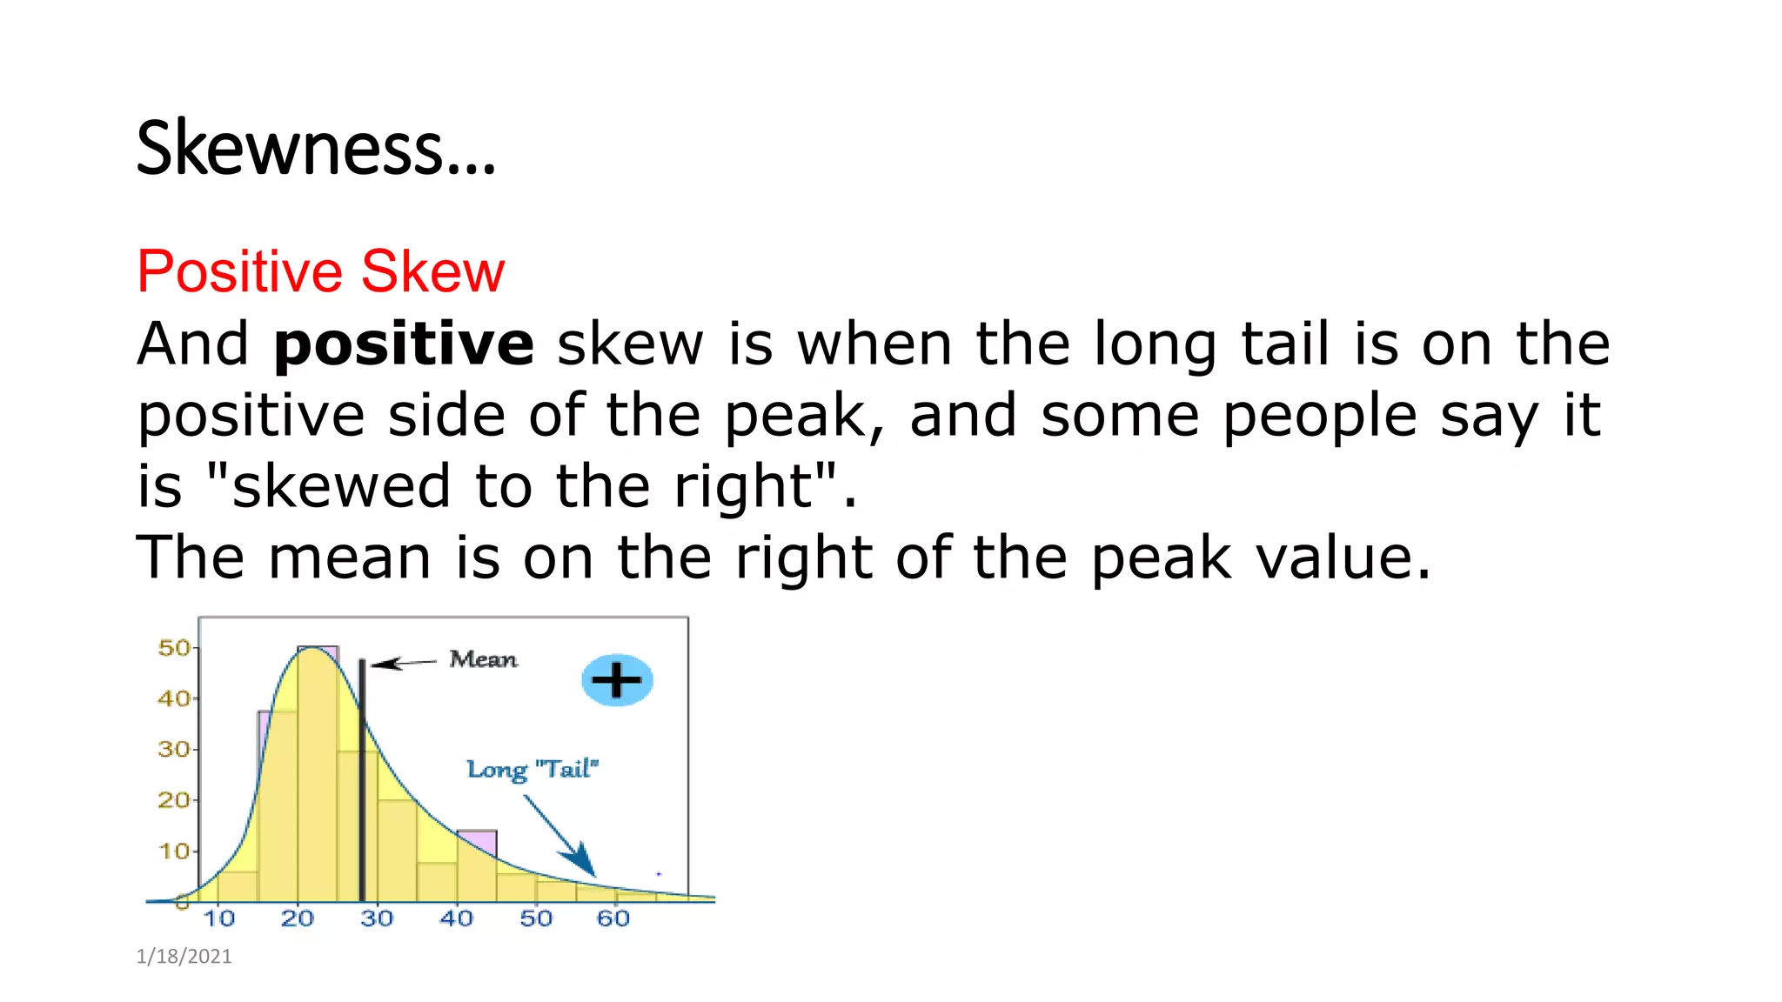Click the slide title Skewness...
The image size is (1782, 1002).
pyautogui.click(x=315, y=149)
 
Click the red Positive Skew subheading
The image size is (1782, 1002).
pyautogui.click(x=320, y=271)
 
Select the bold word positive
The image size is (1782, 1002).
pyautogui.click(x=404, y=344)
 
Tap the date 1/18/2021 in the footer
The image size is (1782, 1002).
pyautogui.click(x=184, y=957)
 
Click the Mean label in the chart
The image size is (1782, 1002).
pyautogui.click(x=483, y=659)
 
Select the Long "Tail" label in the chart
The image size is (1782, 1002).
pyautogui.click(x=533, y=770)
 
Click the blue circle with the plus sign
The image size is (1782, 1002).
pyautogui.click(x=617, y=680)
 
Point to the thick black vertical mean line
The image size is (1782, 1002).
pyautogui.click(x=362, y=783)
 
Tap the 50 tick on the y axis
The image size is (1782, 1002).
pyautogui.click(x=173, y=648)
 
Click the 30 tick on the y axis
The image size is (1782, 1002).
pyautogui.click(x=173, y=750)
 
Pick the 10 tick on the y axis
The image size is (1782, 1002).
pyautogui.click(x=173, y=851)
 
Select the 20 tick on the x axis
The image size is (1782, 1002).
pyautogui.click(x=297, y=918)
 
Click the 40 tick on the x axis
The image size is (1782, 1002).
pyautogui.click(x=456, y=918)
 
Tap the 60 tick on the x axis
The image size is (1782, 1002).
pyautogui.click(x=613, y=918)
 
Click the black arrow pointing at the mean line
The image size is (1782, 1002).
pyautogui.click(x=402, y=664)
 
